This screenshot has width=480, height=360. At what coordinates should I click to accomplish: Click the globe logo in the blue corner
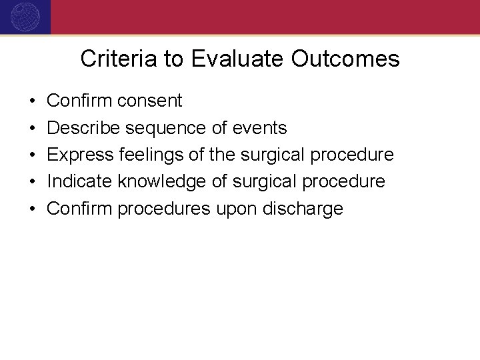tap(25, 15)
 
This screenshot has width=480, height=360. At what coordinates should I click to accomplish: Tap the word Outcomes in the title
tap(345, 59)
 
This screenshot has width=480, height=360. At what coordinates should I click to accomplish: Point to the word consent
tap(149, 101)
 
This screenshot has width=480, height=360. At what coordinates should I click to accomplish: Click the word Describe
tap(83, 128)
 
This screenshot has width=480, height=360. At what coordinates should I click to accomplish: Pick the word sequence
tap(163, 128)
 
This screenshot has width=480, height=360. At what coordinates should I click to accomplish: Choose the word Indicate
tap(80, 181)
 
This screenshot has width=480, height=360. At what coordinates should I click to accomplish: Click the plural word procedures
tap(164, 209)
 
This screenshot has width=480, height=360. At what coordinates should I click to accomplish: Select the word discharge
tap(303, 209)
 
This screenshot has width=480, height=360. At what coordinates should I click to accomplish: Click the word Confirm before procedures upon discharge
tap(80, 209)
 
